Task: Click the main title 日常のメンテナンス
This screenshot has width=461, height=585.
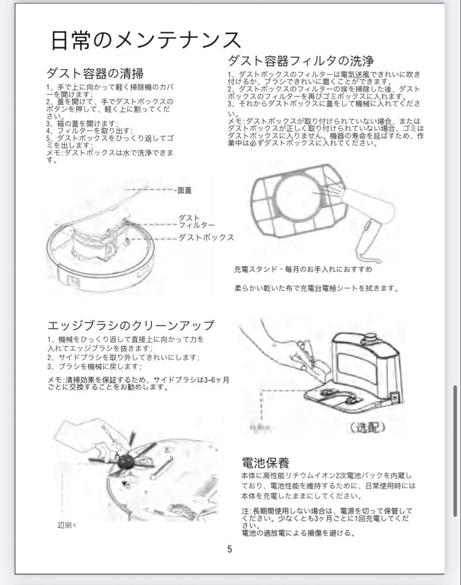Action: click(x=145, y=40)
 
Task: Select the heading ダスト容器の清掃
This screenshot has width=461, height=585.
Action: click(x=95, y=73)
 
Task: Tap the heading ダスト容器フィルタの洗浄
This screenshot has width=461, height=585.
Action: click(x=301, y=60)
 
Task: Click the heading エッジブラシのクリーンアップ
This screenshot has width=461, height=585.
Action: click(x=131, y=326)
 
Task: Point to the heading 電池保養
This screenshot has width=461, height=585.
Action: click(x=265, y=463)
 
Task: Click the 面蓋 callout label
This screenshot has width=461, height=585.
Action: click(x=184, y=191)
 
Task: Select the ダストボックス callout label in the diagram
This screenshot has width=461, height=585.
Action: click(x=206, y=237)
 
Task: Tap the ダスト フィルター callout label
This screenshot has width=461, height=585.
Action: click(x=196, y=222)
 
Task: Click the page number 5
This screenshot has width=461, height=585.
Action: click(x=229, y=549)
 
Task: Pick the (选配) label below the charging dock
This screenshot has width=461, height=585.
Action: click(x=368, y=427)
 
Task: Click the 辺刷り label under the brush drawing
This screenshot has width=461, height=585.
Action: click(x=67, y=525)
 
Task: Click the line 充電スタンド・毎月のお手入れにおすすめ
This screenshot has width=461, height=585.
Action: click(x=303, y=269)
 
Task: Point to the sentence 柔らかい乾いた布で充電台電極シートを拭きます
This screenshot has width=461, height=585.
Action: click(x=316, y=288)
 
